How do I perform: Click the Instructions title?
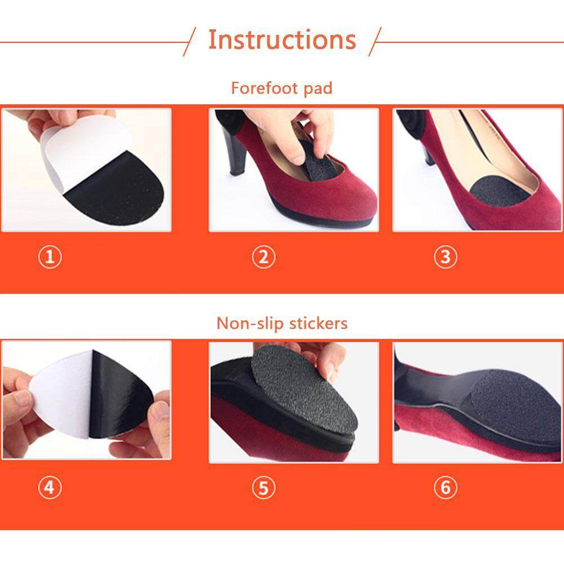click(282, 39)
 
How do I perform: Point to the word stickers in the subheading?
click(318, 323)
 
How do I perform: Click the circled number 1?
click(50, 257)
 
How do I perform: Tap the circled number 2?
click(263, 257)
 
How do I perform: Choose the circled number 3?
click(446, 257)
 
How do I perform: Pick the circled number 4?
click(50, 487)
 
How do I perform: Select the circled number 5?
click(263, 488)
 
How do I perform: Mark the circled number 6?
click(446, 487)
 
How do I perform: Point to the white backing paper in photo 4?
click(61, 392)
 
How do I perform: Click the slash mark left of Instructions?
click(190, 42)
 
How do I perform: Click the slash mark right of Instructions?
click(375, 42)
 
